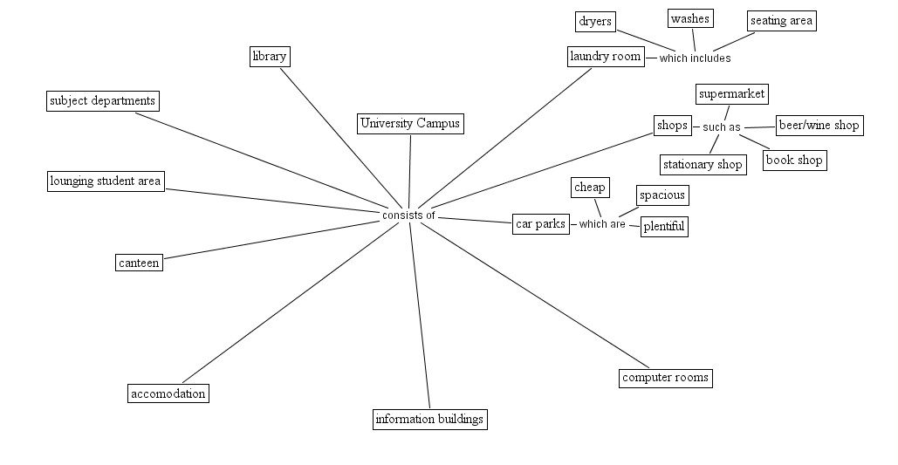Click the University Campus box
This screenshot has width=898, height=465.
(x=409, y=124)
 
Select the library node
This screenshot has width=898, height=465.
(x=269, y=57)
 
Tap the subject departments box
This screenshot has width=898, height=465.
(x=102, y=101)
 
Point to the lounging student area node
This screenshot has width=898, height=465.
(x=106, y=181)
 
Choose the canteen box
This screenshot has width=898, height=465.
(x=139, y=263)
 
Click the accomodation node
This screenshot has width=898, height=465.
(x=168, y=393)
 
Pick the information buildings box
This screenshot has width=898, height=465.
(x=429, y=420)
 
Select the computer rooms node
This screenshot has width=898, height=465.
(x=665, y=379)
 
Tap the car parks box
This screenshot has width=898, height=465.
(x=541, y=224)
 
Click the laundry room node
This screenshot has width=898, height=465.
(x=606, y=58)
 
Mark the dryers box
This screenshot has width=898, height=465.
(x=596, y=22)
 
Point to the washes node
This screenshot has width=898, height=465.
(x=690, y=18)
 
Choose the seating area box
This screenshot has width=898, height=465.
(x=781, y=21)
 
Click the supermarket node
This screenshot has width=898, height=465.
(x=732, y=94)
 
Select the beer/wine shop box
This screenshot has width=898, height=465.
(x=819, y=126)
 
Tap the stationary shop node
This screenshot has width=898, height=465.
(x=703, y=165)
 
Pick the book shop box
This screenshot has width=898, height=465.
(x=793, y=161)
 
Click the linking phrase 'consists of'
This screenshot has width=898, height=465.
(x=408, y=215)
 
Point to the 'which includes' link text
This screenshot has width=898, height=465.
(x=695, y=58)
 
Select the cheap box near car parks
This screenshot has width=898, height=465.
(x=590, y=188)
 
